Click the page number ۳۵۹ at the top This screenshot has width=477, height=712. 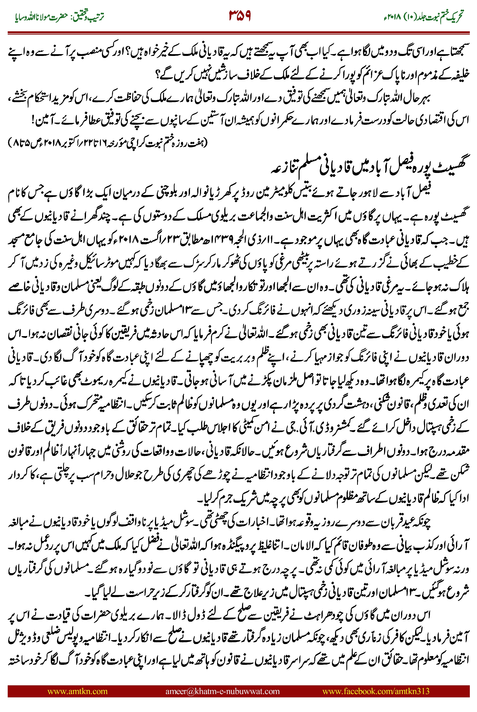[240, 16]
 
